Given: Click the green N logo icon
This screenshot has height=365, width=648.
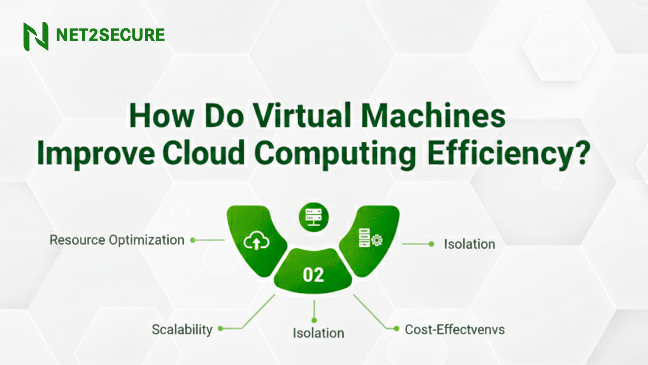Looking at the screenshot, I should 36,36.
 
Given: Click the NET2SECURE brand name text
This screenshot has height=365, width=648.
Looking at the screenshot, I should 110,35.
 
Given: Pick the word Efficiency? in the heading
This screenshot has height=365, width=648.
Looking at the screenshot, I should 508,154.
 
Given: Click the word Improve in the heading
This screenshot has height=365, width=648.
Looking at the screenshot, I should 96,154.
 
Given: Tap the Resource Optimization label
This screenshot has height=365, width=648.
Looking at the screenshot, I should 117,240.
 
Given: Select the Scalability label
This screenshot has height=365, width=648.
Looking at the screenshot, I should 182,330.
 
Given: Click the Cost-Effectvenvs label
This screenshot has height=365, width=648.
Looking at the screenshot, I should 455,330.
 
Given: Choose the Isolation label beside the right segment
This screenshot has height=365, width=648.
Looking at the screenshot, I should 469,244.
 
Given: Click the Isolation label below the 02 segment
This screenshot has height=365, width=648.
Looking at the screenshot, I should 318,333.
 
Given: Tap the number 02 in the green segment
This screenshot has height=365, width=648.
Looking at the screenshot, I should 313,275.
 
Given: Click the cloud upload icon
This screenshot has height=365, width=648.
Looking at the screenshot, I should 256,241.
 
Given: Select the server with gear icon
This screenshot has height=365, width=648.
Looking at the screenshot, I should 370,238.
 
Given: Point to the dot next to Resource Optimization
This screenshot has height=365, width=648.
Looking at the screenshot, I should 193,240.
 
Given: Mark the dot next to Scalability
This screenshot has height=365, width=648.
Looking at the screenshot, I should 221,328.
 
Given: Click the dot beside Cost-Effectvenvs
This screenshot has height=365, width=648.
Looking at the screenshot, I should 397,328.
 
